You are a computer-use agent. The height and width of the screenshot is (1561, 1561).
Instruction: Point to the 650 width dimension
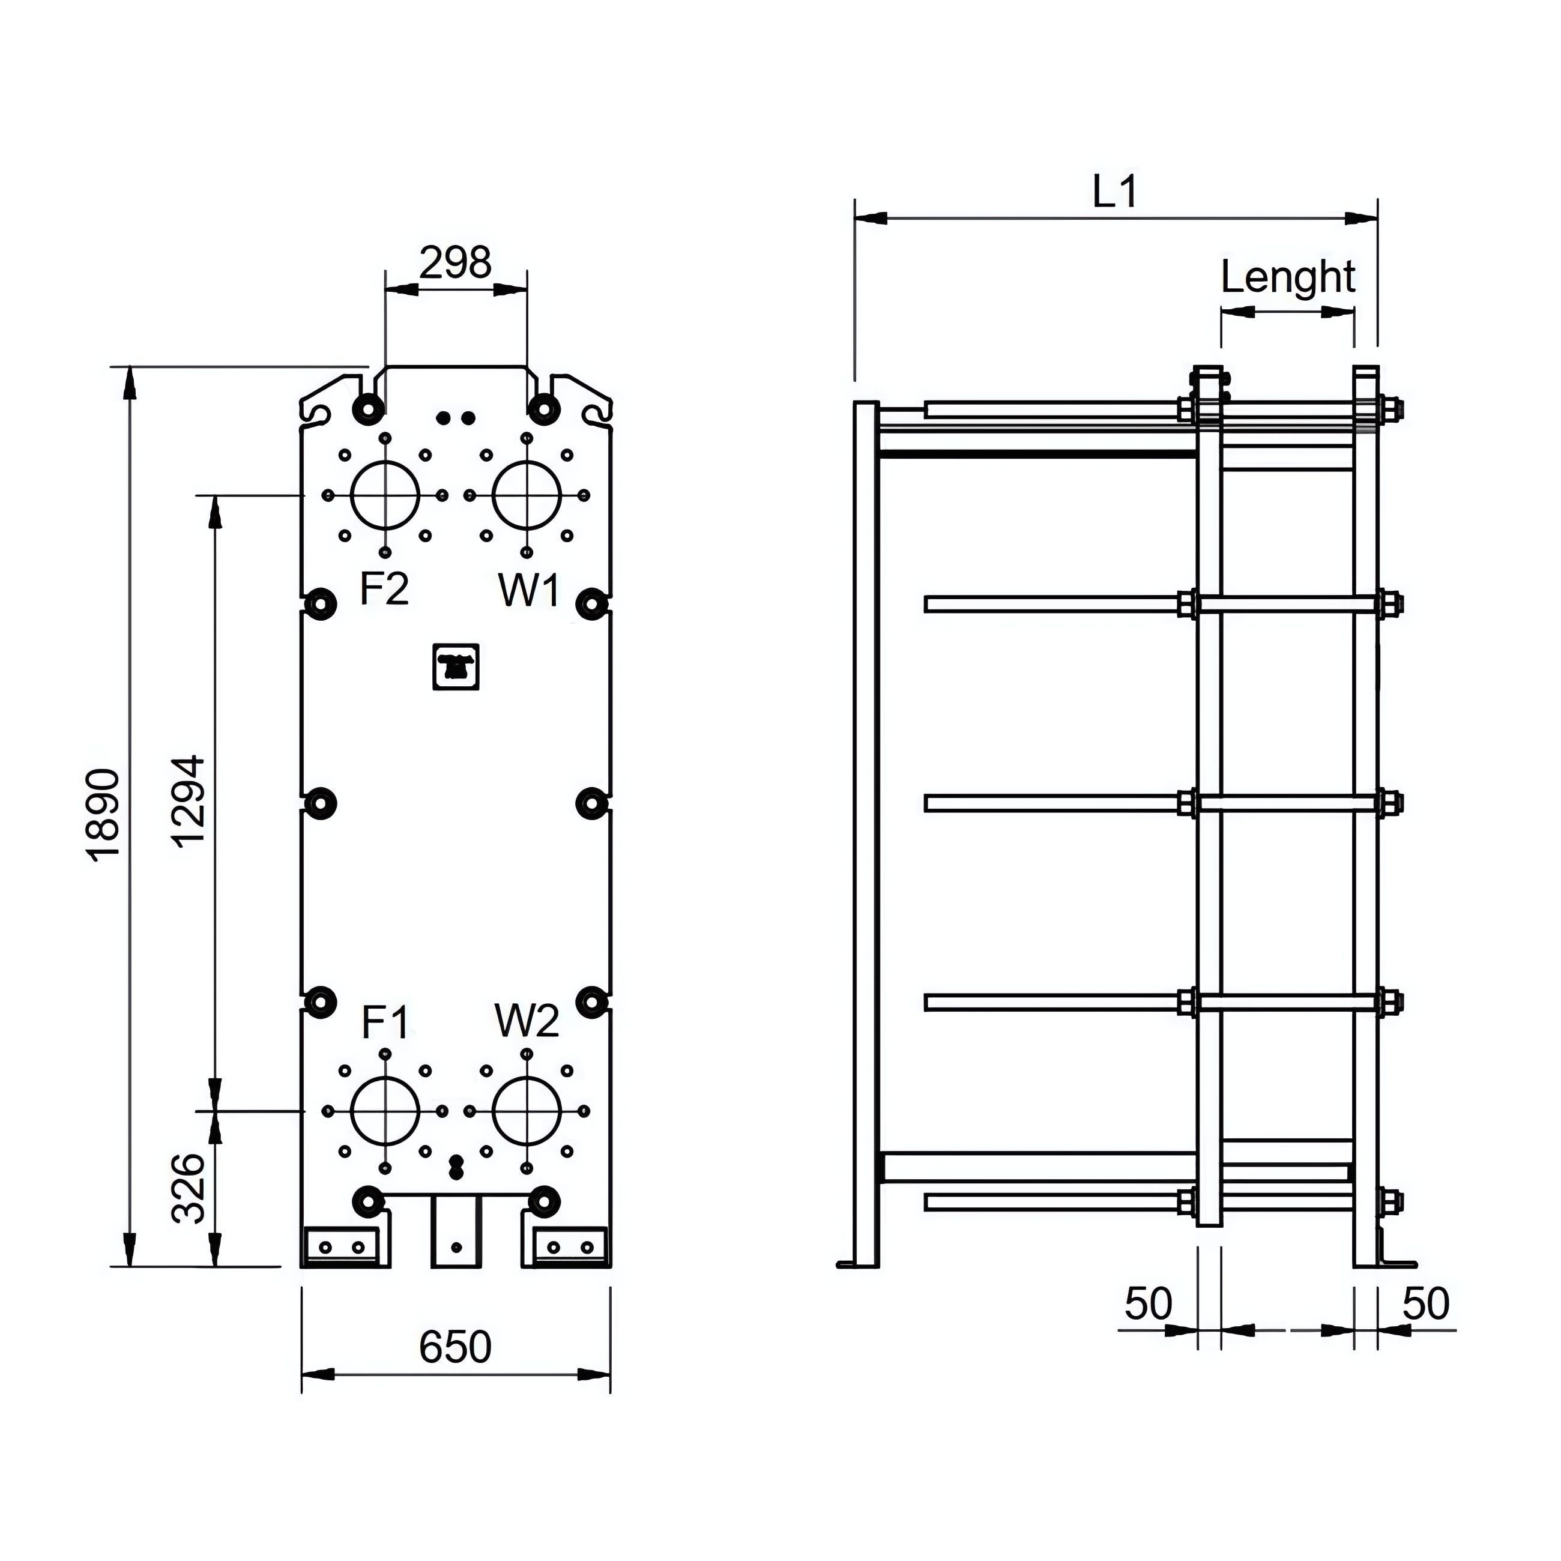tap(455, 1346)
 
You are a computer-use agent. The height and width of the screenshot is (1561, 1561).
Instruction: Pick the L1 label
tap(1115, 192)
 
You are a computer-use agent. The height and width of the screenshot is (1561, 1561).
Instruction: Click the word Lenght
tap(1287, 277)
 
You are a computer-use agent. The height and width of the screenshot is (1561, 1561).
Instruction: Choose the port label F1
tap(385, 1023)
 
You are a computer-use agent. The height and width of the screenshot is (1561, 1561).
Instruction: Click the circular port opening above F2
tap(385, 495)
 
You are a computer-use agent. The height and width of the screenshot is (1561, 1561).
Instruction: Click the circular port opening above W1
tap(527, 495)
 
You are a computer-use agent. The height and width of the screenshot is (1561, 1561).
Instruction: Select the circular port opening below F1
tap(385, 1111)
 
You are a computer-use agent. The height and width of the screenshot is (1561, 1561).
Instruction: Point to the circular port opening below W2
tap(527, 1111)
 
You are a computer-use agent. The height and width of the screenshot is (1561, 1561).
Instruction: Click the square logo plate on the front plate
tap(456, 666)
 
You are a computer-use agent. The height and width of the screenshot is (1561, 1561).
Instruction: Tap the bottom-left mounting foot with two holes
tap(342, 1247)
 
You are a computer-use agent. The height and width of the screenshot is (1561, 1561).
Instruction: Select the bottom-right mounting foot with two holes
tap(570, 1247)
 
